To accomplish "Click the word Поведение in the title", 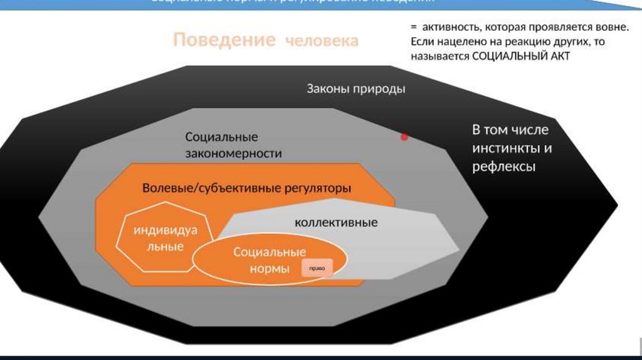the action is coord(224,41).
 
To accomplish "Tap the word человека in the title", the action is coord(322,41).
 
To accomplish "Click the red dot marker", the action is coord(404,136).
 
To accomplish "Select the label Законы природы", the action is coord(355,88).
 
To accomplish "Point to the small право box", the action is coord(316,268).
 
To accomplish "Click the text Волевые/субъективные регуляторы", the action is coord(246,188).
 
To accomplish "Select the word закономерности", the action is coord(233,153).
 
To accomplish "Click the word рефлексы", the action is coord(503,167).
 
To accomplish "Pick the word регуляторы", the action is coord(316,188).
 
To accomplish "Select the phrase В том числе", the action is coord(510,130).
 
